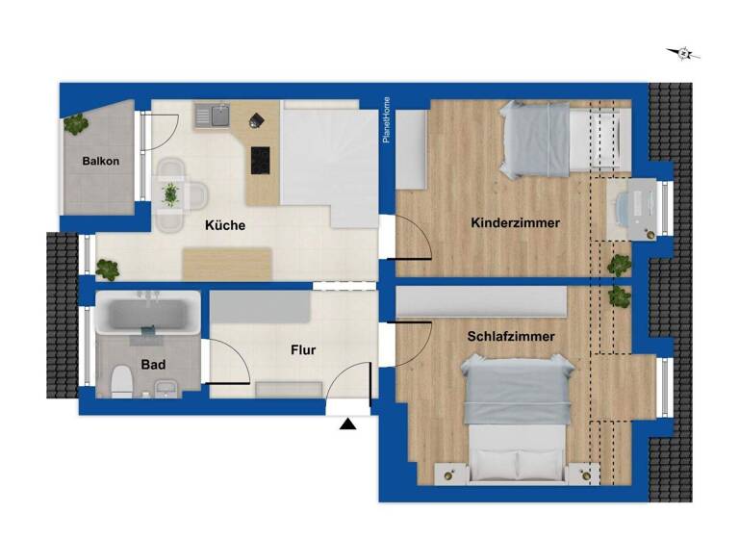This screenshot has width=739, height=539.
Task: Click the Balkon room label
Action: pos(101,161)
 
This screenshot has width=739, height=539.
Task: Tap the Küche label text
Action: pos(225,226)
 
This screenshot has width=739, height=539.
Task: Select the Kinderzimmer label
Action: pos(515,223)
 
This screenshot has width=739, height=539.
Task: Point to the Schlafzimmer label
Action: pos(511,337)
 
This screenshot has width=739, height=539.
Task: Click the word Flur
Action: pos(302,350)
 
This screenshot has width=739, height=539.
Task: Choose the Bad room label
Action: pos(153,365)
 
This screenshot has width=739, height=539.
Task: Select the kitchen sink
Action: pos(212,116)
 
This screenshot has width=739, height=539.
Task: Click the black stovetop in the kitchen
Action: pos(260,160)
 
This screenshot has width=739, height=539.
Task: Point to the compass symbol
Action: pos(684,54)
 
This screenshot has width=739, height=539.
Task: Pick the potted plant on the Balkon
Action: pos(75,123)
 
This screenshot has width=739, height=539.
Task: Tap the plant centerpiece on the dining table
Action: pos(171,193)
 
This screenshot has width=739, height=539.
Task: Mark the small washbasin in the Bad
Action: pos(166,388)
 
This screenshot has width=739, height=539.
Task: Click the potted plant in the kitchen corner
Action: pos(108,269)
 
